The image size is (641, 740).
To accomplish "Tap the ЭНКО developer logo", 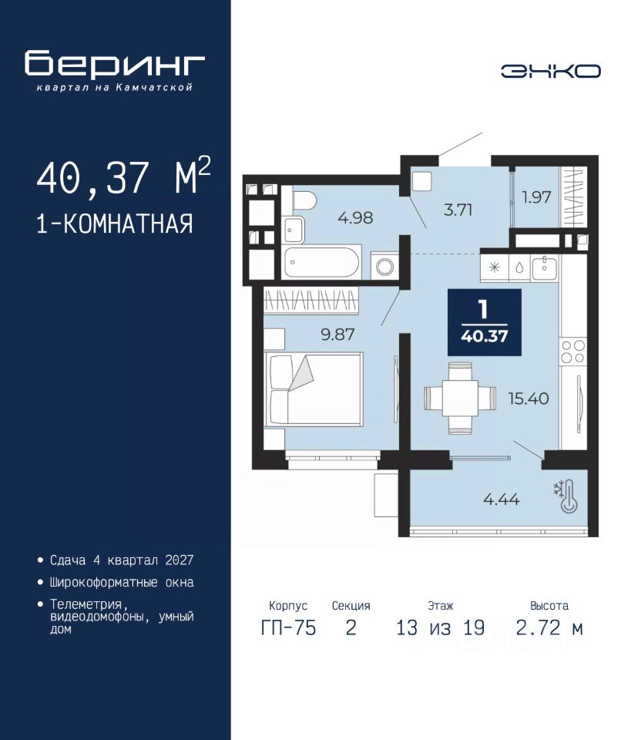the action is (x=550, y=71).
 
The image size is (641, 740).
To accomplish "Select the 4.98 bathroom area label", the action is (x=355, y=217).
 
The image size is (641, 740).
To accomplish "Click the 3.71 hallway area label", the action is (x=458, y=210).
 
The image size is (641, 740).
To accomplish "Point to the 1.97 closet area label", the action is (x=536, y=197).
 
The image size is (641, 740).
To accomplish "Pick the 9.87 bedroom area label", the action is (x=337, y=335).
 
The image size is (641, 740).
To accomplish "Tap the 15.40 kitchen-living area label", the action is (x=529, y=399).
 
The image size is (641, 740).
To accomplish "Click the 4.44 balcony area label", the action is (x=502, y=499).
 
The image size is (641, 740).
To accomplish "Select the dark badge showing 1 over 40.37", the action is (x=485, y=322).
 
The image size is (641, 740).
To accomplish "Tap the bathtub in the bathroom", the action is (x=322, y=262).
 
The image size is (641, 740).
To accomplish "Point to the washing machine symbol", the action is (x=385, y=266).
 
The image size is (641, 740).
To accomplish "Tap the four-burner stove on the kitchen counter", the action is (x=573, y=351).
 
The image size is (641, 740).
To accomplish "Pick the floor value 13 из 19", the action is (x=441, y=627).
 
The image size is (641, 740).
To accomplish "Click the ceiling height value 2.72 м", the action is (x=549, y=627).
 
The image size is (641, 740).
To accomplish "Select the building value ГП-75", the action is (x=288, y=627).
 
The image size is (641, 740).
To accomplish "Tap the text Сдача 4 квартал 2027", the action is (x=122, y=560).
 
